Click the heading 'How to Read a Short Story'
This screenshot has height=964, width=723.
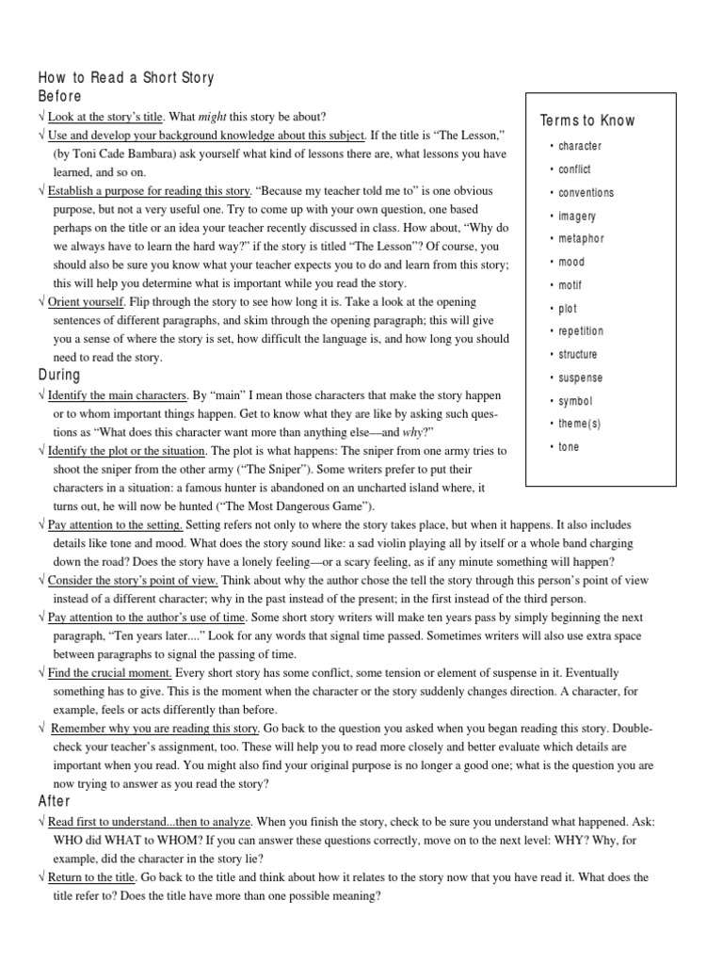[126, 78]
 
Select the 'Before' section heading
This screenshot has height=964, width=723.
[59, 96]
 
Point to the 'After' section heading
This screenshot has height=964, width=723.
[55, 801]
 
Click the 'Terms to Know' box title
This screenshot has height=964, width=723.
[587, 120]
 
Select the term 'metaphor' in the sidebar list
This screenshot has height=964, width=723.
[581, 239]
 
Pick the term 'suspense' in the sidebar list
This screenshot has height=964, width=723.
[580, 378]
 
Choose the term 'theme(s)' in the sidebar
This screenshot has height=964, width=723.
[579, 425]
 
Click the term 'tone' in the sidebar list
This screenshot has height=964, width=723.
[569, 447]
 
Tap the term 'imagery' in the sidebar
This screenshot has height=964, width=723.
[577, 216]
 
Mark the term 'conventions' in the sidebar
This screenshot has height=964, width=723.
[586, 193]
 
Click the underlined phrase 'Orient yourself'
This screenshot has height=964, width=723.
[86, 302]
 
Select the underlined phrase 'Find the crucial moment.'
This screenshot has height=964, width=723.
[110, 673]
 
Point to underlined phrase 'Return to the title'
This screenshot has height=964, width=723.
[92, 877]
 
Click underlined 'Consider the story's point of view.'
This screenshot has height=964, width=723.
[133, 581]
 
